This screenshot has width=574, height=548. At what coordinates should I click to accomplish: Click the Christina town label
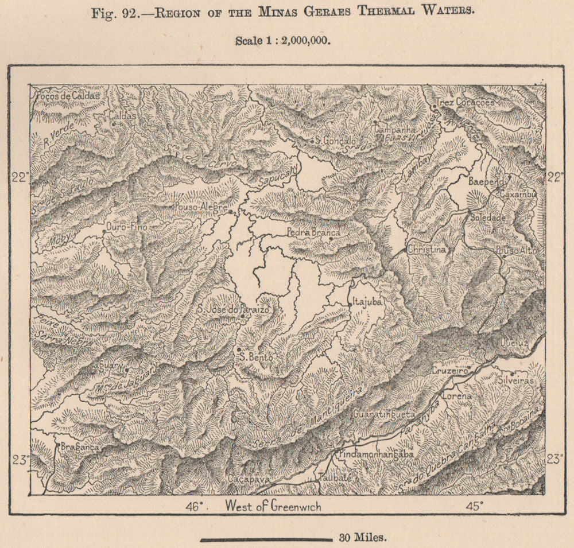pos(426,250)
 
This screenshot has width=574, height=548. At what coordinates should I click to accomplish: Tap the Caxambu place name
pos(518,195)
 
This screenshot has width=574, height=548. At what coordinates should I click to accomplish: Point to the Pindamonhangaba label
pos(376,454)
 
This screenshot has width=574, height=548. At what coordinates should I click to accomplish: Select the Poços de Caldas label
pos(63,96)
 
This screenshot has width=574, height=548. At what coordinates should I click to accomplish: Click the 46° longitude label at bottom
pos(195,506)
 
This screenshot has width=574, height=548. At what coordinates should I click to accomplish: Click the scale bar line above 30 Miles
pos(266,539)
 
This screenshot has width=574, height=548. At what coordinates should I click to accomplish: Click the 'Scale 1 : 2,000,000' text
pos(284,41)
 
